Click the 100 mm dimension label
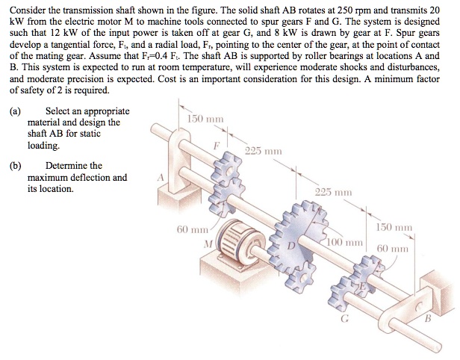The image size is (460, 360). point(346,243)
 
